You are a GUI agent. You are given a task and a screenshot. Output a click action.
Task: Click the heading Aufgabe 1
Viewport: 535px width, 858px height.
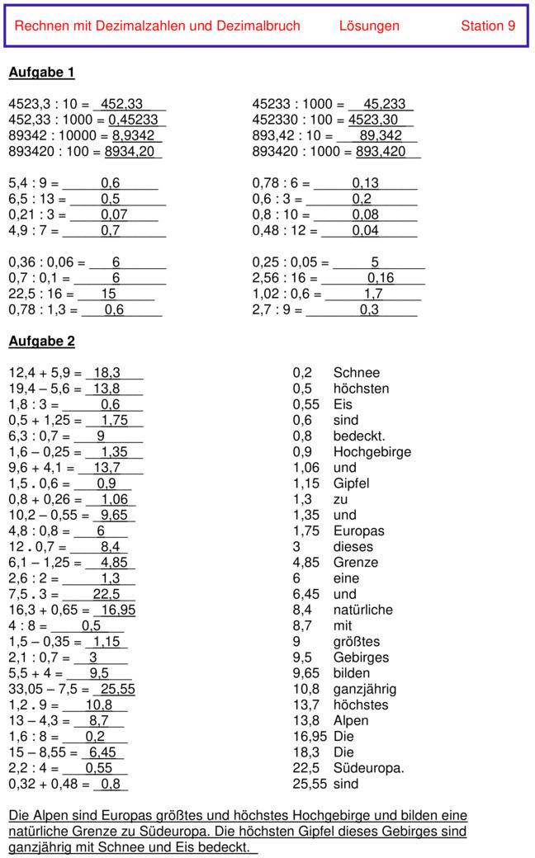41,73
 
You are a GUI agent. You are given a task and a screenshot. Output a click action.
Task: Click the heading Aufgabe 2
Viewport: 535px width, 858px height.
41,341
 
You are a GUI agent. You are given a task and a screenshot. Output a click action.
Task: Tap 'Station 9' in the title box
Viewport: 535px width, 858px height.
488,26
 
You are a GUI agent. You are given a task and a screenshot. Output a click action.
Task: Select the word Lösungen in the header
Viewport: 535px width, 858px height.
369,26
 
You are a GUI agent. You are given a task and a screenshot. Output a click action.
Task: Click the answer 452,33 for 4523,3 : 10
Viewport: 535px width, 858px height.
121,105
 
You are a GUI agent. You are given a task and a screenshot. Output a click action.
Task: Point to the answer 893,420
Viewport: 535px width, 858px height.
381,152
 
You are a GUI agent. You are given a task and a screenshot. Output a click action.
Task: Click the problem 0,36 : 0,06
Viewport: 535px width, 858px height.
43,262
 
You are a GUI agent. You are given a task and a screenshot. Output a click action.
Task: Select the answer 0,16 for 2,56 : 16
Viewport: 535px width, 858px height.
381,278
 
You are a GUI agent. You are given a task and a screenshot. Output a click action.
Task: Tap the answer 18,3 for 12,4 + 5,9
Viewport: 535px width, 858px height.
107,373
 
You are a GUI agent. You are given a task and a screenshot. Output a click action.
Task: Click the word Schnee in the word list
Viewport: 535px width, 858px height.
357,373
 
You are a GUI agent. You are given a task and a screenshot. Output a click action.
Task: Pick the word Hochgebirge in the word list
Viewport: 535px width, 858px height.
372,452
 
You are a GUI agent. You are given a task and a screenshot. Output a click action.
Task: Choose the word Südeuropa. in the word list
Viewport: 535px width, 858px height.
368,768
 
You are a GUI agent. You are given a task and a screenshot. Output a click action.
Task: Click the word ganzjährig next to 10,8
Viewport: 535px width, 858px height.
365,689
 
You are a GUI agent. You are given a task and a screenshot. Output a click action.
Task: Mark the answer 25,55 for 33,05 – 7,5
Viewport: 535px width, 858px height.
117,689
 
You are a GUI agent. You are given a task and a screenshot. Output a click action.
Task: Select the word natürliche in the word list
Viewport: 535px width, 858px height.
363,610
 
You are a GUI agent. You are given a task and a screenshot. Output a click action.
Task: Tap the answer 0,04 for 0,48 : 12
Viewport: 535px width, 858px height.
366,231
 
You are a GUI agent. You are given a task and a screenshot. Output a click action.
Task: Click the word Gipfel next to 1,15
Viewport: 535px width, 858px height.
351,483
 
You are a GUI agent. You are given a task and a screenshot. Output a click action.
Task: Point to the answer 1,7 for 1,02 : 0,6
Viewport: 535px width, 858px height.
374,294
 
